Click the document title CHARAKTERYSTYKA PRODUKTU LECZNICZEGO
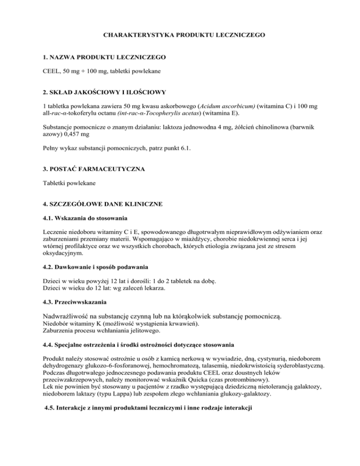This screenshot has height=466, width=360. (x=180, y=35)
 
